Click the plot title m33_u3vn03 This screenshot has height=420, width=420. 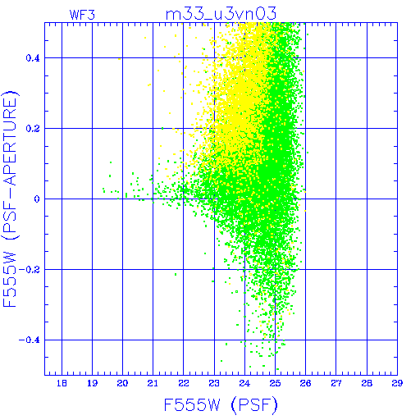point(221,14)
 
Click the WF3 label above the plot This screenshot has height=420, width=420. point(82,15)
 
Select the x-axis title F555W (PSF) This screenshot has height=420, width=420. point(221,405)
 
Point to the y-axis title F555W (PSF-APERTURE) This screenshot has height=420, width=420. point(11,199)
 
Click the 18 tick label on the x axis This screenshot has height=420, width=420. point(62,383)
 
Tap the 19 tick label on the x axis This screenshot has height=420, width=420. point(92,383)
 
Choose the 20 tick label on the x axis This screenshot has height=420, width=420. point(122,383)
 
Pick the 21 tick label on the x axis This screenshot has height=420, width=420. point(153,383)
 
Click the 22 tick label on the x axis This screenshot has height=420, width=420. point(184,383)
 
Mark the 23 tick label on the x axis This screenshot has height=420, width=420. point(214,383)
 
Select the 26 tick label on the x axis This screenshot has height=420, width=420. point(305,383)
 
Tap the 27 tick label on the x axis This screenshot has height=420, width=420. point(336,383)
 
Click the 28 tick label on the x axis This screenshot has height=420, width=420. point(367,383)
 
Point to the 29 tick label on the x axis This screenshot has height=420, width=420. point(397,383)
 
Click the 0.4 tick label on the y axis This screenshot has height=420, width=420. point(33,58)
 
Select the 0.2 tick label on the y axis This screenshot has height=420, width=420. point(33,129)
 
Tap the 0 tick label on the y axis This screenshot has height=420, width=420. point(37,199)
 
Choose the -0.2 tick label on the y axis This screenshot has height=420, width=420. point(30,270)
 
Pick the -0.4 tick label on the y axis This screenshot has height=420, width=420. point(30,340)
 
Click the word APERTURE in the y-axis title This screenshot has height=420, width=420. point(11,141)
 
